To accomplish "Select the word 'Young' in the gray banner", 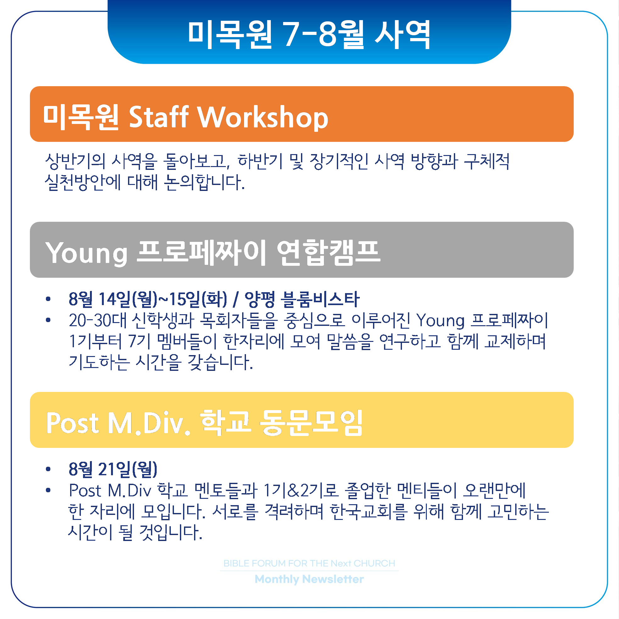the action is [86, 254].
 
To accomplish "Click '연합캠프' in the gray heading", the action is [329, 253].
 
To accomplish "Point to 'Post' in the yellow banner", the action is [72, 423].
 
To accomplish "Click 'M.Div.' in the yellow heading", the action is [149, 423].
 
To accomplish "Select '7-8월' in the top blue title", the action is [324, 34].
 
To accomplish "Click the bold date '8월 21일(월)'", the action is [113, 469].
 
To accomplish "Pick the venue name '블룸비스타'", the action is [320, 299].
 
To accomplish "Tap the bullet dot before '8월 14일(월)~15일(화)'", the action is [48, 299].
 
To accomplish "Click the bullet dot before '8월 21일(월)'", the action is [48, 469].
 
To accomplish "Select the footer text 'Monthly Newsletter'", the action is [309, 579].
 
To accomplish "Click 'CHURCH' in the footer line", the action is [374, 563].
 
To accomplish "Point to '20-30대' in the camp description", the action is [98, 321].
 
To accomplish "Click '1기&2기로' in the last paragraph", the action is [300, 490].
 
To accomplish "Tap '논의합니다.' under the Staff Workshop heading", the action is [204, 182].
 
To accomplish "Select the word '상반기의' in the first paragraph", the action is [75, 161].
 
